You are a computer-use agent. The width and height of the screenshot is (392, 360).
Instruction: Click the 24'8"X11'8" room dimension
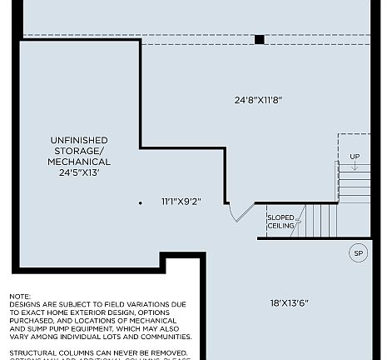click(258, 100)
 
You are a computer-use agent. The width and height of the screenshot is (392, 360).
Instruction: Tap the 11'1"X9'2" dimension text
click(181, 202)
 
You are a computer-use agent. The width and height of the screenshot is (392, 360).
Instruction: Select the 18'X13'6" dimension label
click(289, 303)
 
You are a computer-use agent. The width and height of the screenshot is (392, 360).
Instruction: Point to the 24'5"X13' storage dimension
click(79, 173)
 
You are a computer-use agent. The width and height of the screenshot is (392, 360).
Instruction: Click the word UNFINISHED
click(79, 140)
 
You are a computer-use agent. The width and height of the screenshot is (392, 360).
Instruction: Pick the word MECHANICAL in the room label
click(79, 162)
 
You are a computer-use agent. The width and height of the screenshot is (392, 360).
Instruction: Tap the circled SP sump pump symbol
click(358, 253)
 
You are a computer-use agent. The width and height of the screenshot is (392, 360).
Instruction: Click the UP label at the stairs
click(355, 157)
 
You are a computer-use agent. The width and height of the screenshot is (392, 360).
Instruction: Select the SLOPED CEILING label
click(280, 222)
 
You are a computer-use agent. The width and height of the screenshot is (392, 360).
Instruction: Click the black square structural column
click(260, 39)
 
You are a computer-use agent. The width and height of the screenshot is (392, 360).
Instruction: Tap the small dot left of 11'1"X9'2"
click(140, 202)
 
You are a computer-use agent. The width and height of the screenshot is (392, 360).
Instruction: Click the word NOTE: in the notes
click(20, 297)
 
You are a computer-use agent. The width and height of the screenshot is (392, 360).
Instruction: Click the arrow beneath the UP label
click(355, 168)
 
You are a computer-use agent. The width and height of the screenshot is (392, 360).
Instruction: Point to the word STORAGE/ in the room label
click(79, 151)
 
